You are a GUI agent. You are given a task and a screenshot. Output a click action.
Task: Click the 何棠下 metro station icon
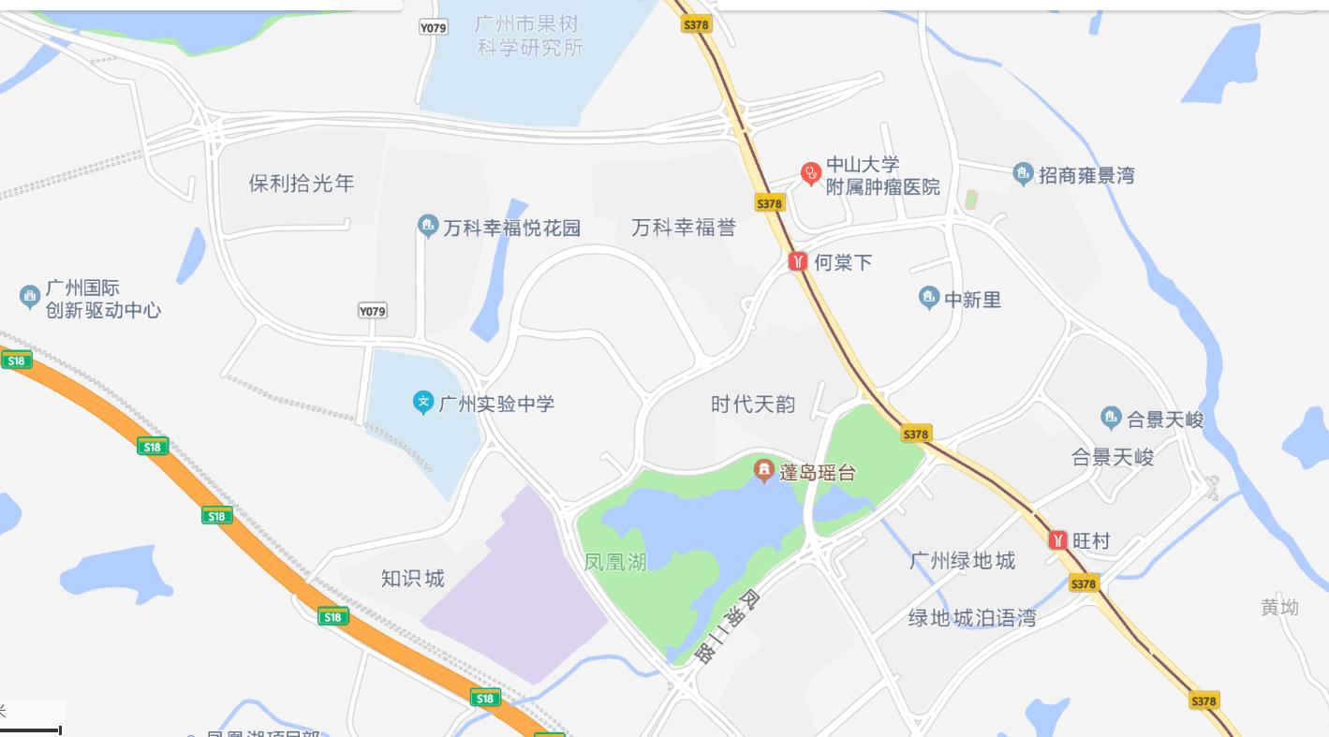point(798,261)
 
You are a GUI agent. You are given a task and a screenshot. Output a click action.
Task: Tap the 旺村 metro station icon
point(1058,540)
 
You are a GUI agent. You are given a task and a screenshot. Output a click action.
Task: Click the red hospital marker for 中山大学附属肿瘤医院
point(810,173)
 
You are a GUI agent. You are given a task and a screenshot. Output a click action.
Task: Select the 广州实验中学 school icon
point(423,403)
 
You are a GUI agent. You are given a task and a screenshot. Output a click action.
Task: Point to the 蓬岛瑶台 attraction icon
point(764,469)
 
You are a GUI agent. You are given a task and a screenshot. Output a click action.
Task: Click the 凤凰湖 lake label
point(615,562)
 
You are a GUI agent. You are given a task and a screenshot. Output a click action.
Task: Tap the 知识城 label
point(412,578)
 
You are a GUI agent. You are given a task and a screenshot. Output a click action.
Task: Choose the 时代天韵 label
point(753,405)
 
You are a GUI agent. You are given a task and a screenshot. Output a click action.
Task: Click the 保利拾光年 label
point(302,183)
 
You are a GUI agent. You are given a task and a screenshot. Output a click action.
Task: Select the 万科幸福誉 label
point(684,228)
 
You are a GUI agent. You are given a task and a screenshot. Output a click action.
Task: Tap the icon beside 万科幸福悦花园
point(428,226)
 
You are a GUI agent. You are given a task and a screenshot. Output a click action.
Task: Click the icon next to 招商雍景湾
point(1023,173)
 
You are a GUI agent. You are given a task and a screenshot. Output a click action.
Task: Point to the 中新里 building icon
point(928,299)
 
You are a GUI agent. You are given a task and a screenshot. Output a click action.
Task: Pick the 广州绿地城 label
point(962,560)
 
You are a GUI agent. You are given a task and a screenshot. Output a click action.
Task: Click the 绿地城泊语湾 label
point(972,618)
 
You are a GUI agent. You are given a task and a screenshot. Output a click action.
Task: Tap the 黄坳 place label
point(1279,607)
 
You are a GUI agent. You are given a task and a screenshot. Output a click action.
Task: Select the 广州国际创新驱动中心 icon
point(29,297)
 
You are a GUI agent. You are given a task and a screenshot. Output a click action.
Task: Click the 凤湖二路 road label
point(727,626)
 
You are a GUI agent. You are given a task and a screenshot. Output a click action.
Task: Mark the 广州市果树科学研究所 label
point(529,36)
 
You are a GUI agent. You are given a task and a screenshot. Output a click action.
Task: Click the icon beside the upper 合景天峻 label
point(1111,418)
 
